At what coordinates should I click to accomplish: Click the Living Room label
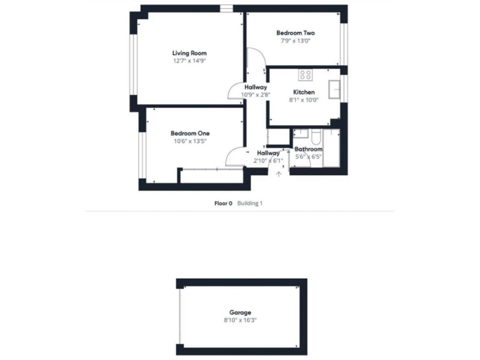(x=189, y=53)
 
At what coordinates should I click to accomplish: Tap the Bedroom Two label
(x=295, y=33)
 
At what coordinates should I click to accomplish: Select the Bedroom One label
(x=190, y=133)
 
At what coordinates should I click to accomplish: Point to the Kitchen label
(x=304, y=92)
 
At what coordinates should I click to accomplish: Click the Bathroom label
(x=308, y=149)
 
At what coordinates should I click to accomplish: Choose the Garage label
(x=240, y=312)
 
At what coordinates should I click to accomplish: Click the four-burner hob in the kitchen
(x=306, y=76)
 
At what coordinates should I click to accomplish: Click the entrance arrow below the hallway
(x=278, y=173)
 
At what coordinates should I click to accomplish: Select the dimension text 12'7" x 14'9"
(x=189, y=61)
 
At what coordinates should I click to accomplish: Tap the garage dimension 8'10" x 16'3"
(x=240, y=320)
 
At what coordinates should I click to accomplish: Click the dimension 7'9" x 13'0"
(x=295, y=41)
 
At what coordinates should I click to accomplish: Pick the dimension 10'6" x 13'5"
(x=190, y=141)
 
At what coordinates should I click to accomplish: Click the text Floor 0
(x=223, y=203)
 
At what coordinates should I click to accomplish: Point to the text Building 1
(x=250, y=203)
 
